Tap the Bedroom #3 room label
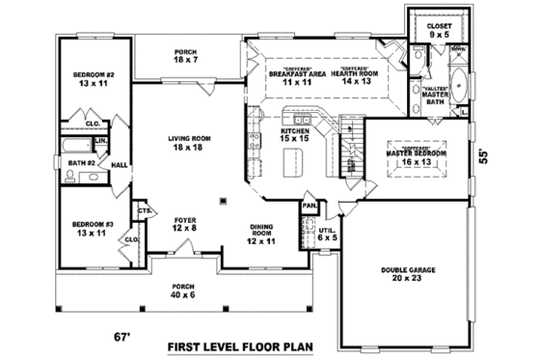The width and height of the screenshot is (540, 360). pos(93,228)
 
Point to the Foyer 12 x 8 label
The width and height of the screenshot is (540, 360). pos(185,223)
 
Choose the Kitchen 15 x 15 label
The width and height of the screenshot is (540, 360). pos(295,134)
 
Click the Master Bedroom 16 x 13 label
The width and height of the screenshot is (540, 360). pos(417,156)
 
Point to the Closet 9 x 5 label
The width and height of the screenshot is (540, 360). pos(439,30)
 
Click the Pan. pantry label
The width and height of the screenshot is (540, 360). pos(310,206)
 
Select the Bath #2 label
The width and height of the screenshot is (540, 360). pos(79,163)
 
